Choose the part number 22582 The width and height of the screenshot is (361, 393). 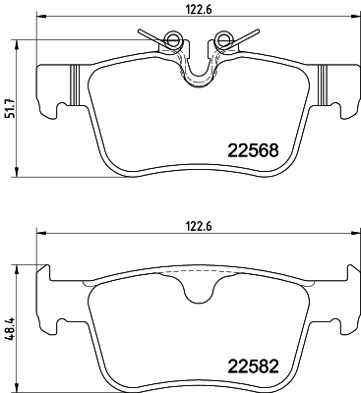[251, 365]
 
